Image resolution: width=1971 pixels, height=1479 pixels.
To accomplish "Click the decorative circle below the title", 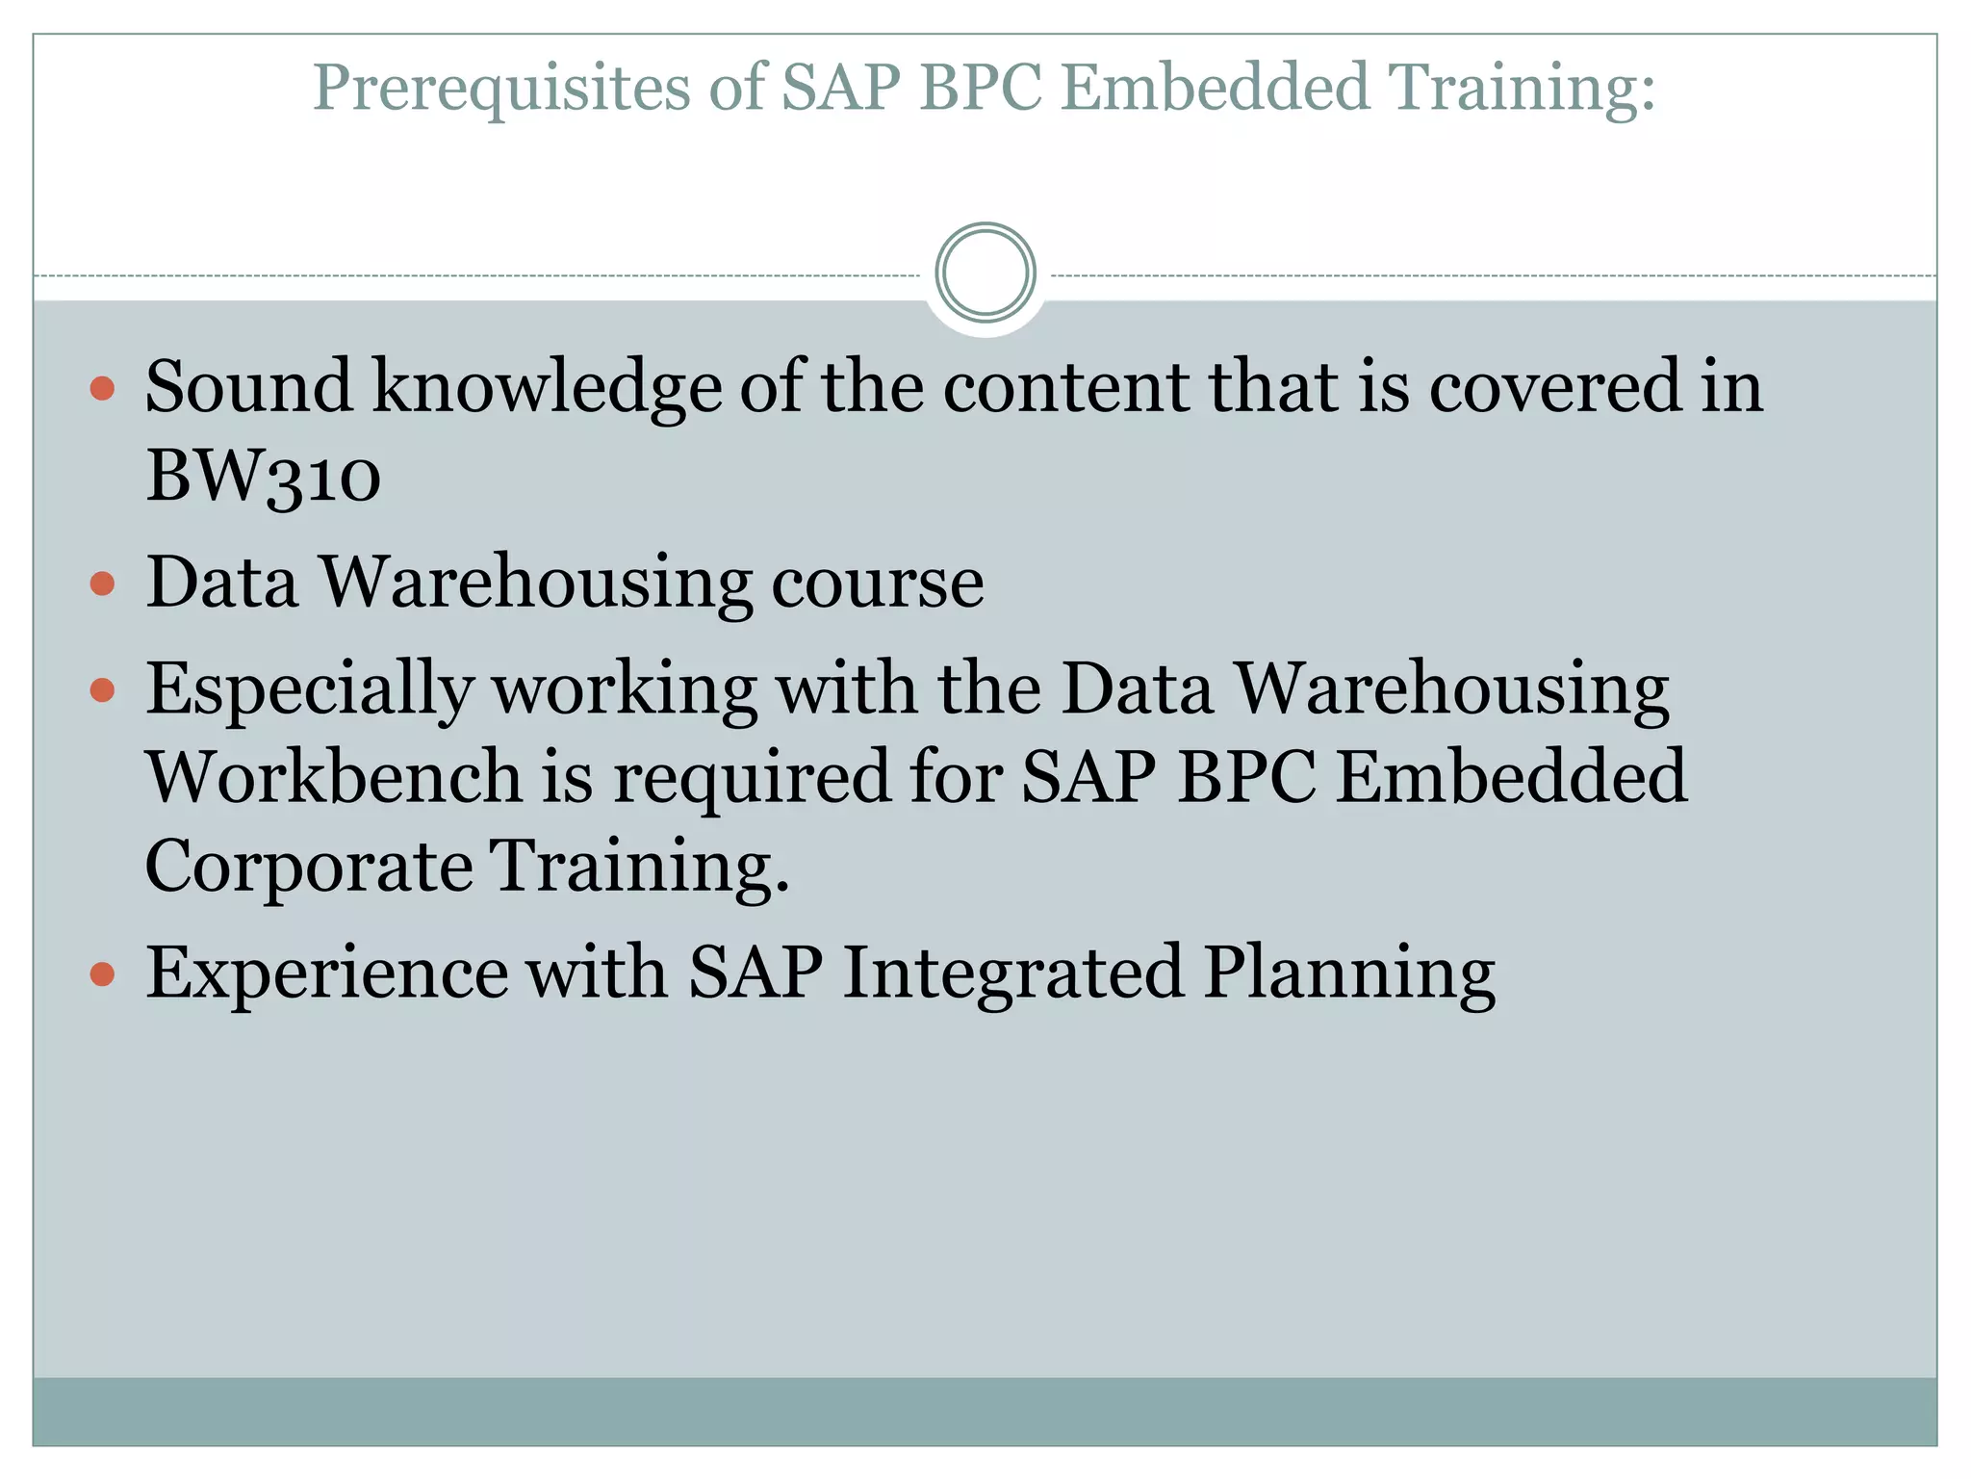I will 985,272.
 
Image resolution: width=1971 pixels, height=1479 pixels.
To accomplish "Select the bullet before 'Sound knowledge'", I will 102,389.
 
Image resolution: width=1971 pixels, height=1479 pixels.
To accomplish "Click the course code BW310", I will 263,476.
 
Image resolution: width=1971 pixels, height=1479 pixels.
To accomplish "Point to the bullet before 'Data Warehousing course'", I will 102,584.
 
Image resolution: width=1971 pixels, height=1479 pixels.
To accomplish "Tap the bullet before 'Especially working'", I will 102,690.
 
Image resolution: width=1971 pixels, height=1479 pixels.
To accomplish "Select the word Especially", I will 309,690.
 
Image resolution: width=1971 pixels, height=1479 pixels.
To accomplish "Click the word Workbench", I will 333,776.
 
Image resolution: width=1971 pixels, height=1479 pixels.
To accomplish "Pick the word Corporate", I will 308,865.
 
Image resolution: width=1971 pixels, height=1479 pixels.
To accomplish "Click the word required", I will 752,776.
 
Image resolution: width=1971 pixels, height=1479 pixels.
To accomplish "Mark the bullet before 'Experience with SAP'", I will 102,974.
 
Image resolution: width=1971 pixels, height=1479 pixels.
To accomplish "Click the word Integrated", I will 1012,973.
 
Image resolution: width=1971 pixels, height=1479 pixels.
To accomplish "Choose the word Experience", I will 326,973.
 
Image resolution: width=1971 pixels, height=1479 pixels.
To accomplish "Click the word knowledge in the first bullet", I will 547,387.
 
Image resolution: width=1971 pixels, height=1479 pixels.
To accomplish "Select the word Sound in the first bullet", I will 248,387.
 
